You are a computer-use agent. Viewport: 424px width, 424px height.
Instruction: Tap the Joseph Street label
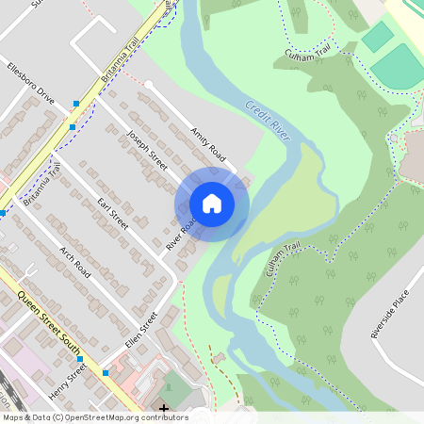point(146,151)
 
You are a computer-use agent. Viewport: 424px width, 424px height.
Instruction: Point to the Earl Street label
point(112,213)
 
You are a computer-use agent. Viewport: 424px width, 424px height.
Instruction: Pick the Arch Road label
point(74,263)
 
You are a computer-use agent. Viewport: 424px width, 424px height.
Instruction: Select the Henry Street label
point(68,381)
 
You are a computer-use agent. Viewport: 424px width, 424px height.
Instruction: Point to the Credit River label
point(268,121)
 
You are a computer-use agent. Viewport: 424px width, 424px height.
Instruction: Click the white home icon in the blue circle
point(212,204)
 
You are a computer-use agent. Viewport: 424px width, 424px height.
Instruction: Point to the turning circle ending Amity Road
point(147,85)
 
